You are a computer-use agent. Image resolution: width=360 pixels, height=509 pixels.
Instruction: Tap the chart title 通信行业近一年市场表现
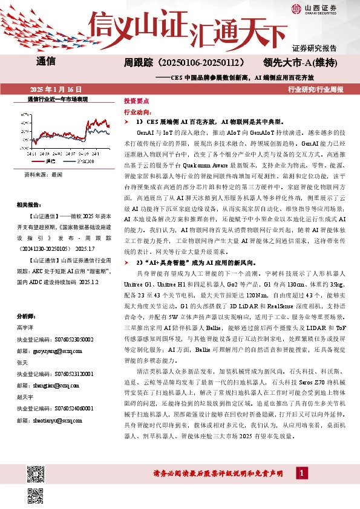pyautogui.click(x=57, y=98)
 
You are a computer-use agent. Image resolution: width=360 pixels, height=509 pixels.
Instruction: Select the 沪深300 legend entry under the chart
pyautogui.click(x=85, y=161)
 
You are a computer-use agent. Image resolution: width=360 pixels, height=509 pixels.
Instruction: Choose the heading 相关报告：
pyautogui.click(x=30, y=206)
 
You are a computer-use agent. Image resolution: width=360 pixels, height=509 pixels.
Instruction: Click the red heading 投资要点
pyautogui.click(x=136, y=101)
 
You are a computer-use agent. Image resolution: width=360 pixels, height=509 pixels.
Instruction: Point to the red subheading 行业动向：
pyautogui.click(x=137, y=112)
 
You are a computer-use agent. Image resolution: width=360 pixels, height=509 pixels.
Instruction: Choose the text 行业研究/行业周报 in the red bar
pyautogui.click(x=316, y=89)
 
